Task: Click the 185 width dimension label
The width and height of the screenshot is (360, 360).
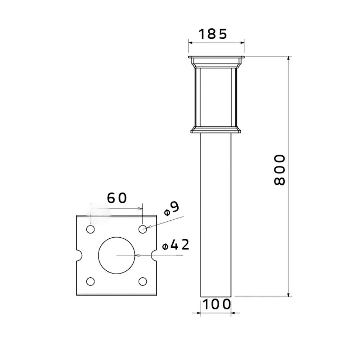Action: click(x=213, y=34)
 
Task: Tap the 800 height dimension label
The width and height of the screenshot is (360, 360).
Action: click(x=279, y=170)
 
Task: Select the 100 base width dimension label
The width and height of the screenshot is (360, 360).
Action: click(x=217, y=304)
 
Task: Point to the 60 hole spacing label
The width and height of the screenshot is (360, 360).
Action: click(x=117, y=198)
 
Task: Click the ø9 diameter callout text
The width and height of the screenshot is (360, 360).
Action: click(x=172, y=209)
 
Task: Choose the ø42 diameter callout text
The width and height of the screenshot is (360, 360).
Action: click(x=176, y=245)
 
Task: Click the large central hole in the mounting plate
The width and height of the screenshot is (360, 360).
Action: click(x=117, y=255)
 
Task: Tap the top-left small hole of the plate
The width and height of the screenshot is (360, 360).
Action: click(x=90, y=229)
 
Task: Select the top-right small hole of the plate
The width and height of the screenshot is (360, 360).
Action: click(x=143, y=229)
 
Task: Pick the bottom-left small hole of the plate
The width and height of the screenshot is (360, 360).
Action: click(x=90, y=282)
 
